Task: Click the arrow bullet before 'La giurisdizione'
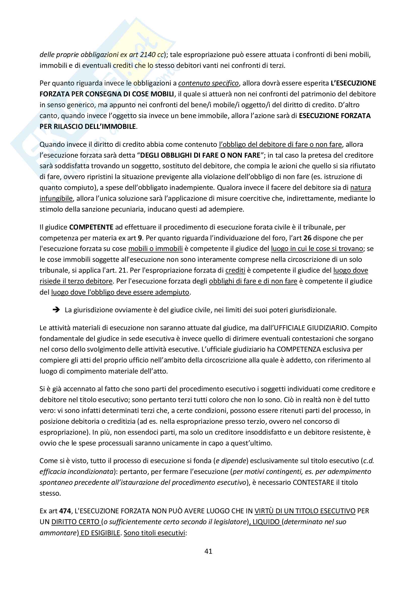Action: click(x=56, y=310)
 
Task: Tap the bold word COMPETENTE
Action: click(x=91, y=227)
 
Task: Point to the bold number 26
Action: click(x=307, y=238)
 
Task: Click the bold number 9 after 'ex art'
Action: click(x=140, y=238)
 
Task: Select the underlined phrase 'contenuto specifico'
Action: click(x=208, y=83)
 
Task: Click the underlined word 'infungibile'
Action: click(x=56, y=198)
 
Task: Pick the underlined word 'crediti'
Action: click(x=235, y=270)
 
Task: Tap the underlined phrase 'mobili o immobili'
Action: click(x=155, y=249)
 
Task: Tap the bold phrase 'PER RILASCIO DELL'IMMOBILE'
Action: click(x=87, y=127)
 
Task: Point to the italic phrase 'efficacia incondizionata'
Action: click(x=76, y=471)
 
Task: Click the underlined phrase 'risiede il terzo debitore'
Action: click(x=76, y=281)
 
